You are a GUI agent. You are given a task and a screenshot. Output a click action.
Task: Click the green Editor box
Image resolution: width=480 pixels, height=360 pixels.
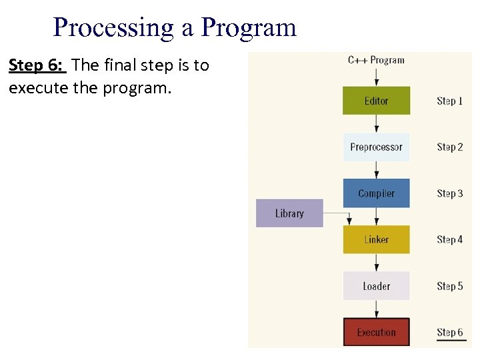coord(376,101)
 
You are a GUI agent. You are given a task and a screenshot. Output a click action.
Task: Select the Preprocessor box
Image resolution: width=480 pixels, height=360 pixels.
coord(376,147)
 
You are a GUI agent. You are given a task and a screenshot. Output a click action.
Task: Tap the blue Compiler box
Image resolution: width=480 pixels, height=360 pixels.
coord(376,193)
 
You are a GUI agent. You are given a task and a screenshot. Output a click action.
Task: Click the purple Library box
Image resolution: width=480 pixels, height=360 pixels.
coord(289,213)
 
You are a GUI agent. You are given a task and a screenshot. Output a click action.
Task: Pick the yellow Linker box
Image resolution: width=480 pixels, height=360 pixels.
coord(376,239)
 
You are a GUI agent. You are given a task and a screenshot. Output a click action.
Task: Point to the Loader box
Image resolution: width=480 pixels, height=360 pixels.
coord(376,286)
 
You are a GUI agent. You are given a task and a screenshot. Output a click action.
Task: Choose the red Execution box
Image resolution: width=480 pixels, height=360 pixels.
coord(376,332)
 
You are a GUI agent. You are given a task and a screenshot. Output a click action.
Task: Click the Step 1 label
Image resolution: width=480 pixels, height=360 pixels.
coord(449,101)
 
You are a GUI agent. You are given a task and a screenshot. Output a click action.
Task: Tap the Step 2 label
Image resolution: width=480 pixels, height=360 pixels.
coord(449,147)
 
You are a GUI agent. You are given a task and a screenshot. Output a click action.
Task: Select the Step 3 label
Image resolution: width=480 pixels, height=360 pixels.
coord(449,193)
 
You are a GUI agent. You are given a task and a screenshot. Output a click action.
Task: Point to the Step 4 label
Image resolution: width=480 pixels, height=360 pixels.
coord(449,239)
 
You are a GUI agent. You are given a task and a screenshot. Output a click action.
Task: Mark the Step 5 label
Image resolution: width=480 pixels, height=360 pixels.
coord(449,286)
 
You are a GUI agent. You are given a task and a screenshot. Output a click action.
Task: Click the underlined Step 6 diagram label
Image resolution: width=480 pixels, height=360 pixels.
coord(449,332)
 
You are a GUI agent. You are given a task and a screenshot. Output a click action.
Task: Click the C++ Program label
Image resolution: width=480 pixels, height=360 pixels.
coord(376,60)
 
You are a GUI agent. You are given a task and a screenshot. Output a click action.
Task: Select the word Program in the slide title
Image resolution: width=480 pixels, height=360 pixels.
coord(249,28)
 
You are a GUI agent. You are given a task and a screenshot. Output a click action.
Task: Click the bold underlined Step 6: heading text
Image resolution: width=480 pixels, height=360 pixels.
coord(37,65)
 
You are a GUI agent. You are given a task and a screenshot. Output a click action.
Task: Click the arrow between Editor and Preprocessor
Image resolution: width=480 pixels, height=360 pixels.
coord(376,124)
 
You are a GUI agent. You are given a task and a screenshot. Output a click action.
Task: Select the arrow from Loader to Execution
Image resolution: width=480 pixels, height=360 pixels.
coord(376,309)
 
